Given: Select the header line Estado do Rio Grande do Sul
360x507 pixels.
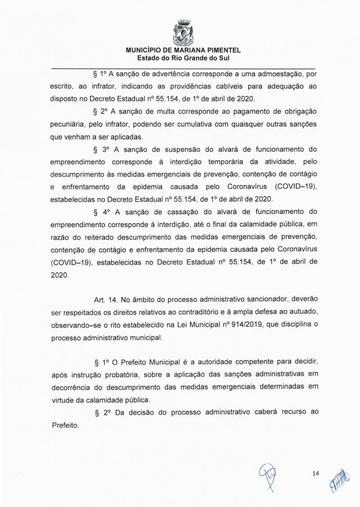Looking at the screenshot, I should [x=184, y=58].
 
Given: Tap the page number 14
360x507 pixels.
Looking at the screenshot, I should [x=315, y=473].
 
